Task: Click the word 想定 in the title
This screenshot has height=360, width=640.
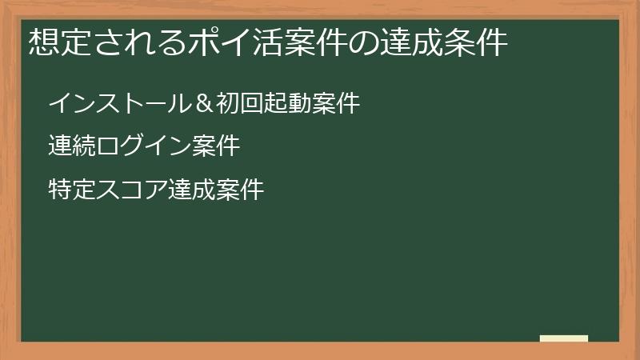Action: point(56,42)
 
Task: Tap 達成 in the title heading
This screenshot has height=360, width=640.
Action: point(419,42)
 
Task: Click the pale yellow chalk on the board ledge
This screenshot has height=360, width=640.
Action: point(564,338)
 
